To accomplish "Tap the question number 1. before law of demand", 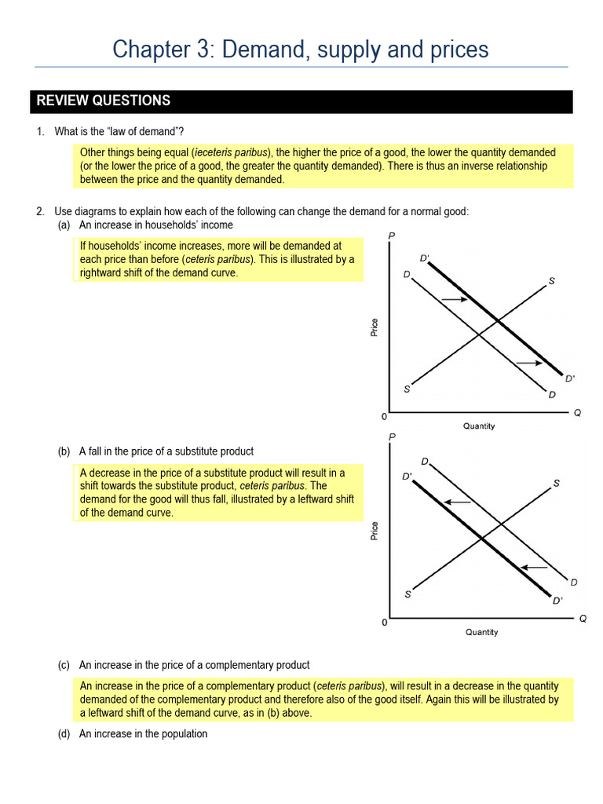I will (41, 131).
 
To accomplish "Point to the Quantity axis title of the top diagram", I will (479, 426).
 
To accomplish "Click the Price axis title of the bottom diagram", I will (375, 531).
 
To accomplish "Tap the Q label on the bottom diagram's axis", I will (583, 619).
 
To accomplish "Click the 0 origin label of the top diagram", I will (384, 415).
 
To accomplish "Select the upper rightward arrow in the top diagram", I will (453, 299).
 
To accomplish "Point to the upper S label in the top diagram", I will (551, 281).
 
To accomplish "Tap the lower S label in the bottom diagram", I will (407, 594).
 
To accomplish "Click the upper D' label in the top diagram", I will (425, 258).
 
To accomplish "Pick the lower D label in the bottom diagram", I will (574, 583).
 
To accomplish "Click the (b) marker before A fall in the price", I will (64, 451).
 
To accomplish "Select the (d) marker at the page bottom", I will (64, 734).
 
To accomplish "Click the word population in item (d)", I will (182, 734).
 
